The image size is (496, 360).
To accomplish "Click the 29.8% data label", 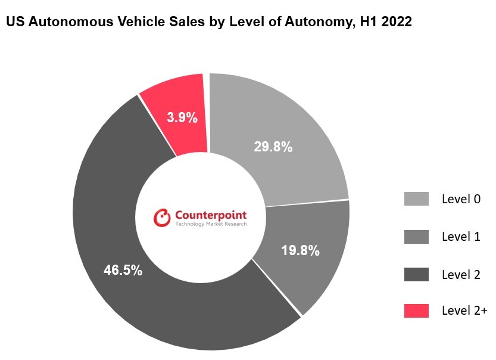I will pyautogui.click(x=273, y=147).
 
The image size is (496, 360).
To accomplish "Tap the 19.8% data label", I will pyautogui.click(x=300, y=250).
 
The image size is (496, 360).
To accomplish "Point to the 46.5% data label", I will pyautogui.click(x=123, y=270).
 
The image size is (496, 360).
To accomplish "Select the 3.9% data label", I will pyautogui.click(x=182, y=117).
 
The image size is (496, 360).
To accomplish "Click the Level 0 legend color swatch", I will pyautogui.click(x=416, y=199).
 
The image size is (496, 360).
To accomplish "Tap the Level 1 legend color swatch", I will pyautogui.click(x=416, y=237).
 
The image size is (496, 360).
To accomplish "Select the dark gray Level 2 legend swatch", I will pyautogui.click(x=416, y=274).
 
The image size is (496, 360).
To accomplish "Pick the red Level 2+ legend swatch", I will pyautogui.click(x=416, y=311).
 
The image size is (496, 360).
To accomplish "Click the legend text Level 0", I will pyautogui.click(x=461, y=199).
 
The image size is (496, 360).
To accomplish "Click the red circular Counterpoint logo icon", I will pyautogui.click(x=162, y=218).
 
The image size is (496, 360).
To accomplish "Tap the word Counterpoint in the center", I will pyautogui.click(x=211, y=215).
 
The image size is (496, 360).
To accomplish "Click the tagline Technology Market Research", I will pyautogui.click(x=211, y=225).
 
